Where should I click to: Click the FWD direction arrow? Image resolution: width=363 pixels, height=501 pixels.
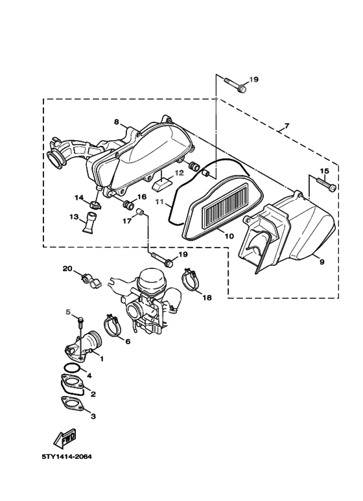65,437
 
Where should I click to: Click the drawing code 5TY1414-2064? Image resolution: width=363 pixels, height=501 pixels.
67,456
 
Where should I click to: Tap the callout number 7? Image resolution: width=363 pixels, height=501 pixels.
287,126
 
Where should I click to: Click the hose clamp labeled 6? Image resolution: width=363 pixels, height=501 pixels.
111,325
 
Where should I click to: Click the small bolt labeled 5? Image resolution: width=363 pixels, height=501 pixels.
81,323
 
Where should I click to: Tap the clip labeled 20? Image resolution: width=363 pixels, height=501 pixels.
91,280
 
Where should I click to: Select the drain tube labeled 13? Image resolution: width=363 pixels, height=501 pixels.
91,222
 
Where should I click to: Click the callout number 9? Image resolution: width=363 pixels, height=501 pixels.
322,262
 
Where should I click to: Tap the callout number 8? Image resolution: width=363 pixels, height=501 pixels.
116,122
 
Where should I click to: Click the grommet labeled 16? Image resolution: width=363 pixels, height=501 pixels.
129,205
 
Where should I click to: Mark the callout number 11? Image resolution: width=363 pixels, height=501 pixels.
159,202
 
